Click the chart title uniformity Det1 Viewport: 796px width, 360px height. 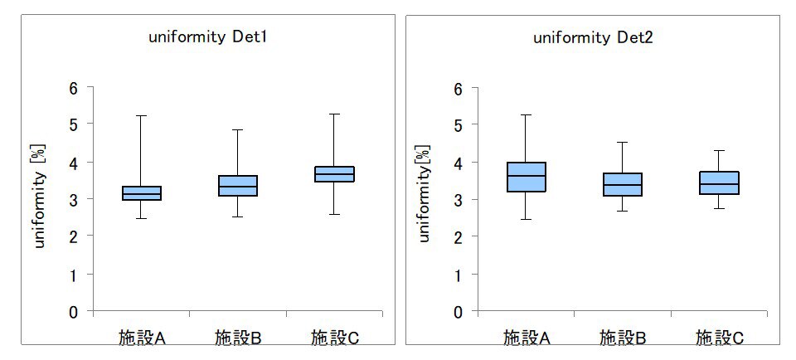(208, 38)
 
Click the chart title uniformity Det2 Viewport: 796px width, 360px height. (593, 38)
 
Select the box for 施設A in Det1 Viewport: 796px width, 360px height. (142, 193)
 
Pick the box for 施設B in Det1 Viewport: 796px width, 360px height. (238, 186)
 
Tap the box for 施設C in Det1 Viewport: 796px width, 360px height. (334, 173)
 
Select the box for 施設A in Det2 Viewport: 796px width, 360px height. (526, 177)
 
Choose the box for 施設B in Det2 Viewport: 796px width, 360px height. (623, 184)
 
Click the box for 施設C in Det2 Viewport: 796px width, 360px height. (719, 182)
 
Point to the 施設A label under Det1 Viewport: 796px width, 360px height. (142, 338)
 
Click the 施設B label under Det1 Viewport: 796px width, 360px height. (238, 338)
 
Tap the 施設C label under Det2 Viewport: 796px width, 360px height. (719, 338)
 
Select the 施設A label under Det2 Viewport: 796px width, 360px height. (527, 338)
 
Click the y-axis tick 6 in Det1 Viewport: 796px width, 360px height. (74, 88)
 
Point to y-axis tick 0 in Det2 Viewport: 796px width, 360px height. (459, 312)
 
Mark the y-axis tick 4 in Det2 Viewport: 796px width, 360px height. (459, 163)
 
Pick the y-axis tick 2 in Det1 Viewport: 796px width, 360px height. (74, 237)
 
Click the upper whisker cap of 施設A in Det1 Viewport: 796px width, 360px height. (142, 116)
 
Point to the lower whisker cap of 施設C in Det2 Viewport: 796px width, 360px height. (719, 208)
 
